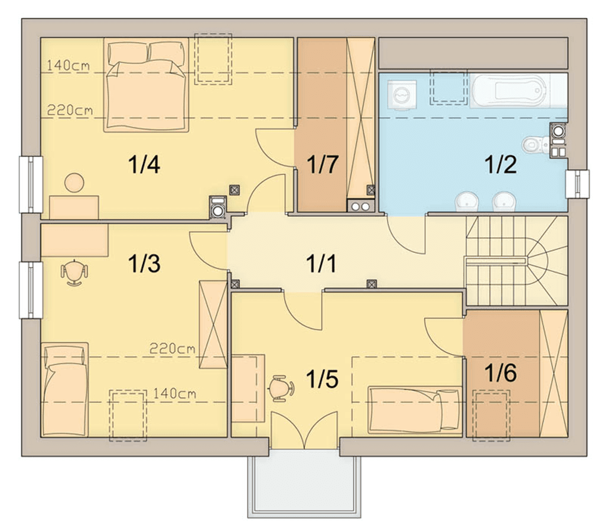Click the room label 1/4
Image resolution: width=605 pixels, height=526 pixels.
[x=144, y=165]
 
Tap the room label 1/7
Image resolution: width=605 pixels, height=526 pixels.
[x=323, y=164]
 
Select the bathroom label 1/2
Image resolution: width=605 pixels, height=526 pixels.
[x=500, y=164]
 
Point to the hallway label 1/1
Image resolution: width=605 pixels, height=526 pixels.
[x=321, y=264]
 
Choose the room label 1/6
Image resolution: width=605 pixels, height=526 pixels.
[x=500, y=373]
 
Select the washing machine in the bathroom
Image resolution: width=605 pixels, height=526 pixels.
[x=402, y=95]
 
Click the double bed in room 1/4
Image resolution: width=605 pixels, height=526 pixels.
[x=146, y=85]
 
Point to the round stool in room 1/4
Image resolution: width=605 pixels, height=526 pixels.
[x=74, y=183]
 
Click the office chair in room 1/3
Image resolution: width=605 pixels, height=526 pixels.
[x=74, y=273]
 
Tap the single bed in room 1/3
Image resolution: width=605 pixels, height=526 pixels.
[x=65, y=389]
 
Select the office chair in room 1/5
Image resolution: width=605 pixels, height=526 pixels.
[x=281, y=388]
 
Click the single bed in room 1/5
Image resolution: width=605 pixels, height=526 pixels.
[x=415, y=410]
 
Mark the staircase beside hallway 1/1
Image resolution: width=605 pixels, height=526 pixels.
[x=516, y=261]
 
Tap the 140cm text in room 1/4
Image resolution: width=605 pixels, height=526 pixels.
[x=69, y=66]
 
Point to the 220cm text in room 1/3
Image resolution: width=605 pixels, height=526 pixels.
[x=172, y=349]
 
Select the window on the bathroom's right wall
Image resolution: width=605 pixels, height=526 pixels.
[x=577, y=184]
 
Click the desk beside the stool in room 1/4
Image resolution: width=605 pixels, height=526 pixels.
[x=74, y=207]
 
